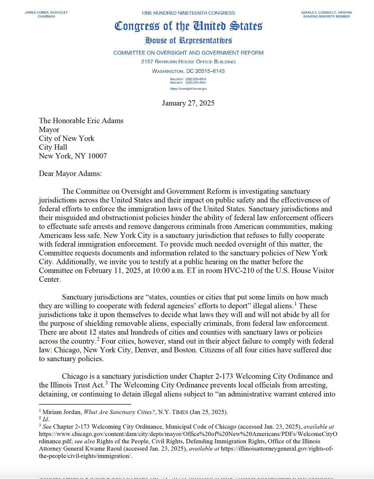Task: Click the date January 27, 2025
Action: pyautogui.click(x=188, y=103)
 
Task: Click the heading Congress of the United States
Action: pyautogui.click(x=188, y=27)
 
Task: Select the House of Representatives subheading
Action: pyautogui.click(x=188, y=40)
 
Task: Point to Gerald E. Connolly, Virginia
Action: pyautogui.click(x=327, y=12)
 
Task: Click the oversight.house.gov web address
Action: pyautogui.click(x=188, y=88)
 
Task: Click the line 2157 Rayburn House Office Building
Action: pyautogui.click(x=188, y=61)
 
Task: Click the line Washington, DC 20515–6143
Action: pyautogui.click(x=188, y=71)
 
